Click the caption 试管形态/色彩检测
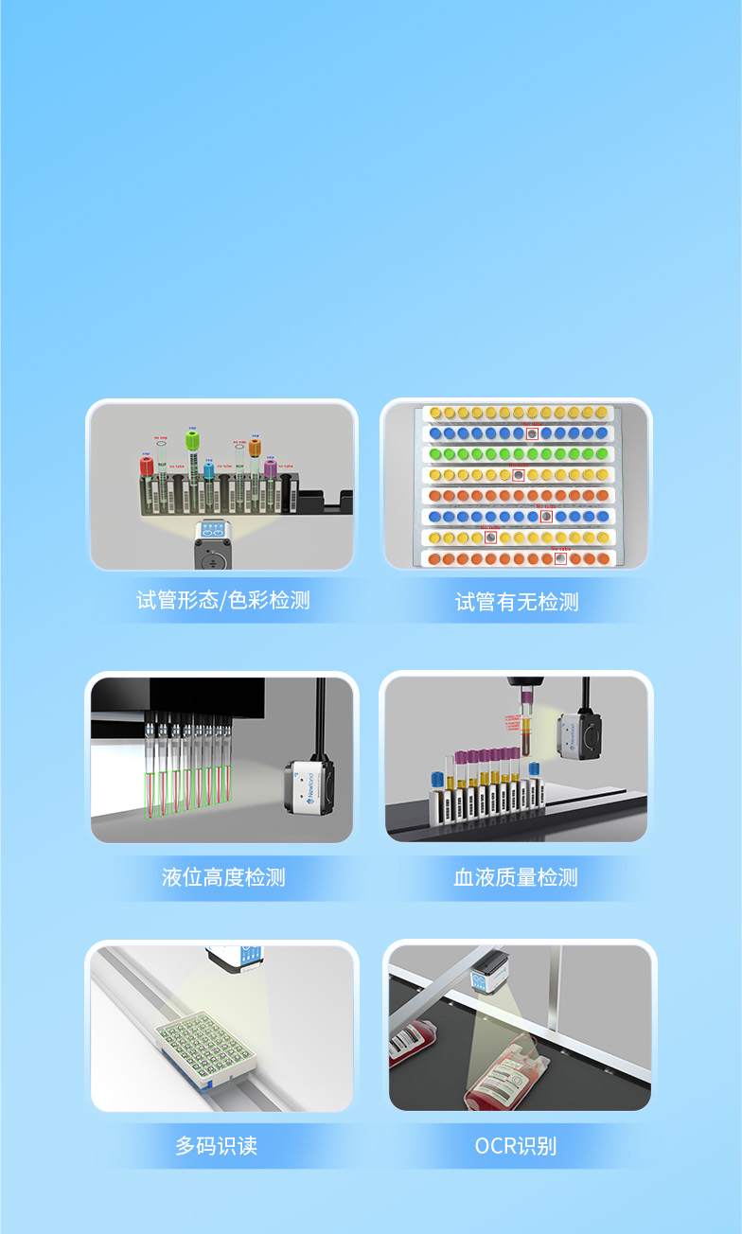tap(222, 600)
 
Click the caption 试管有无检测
tap(517, 602)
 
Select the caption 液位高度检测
tap(222, 876)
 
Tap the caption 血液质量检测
tap(516, 876)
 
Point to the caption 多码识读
tap(216, 1145)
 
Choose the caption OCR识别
tap(516, 1146)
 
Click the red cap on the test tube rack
tap(147, 466)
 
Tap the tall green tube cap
tap(192, 439)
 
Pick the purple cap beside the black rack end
tap(271, 468)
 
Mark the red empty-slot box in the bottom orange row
tap(561, 558)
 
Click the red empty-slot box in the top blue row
tap(532, 433)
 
